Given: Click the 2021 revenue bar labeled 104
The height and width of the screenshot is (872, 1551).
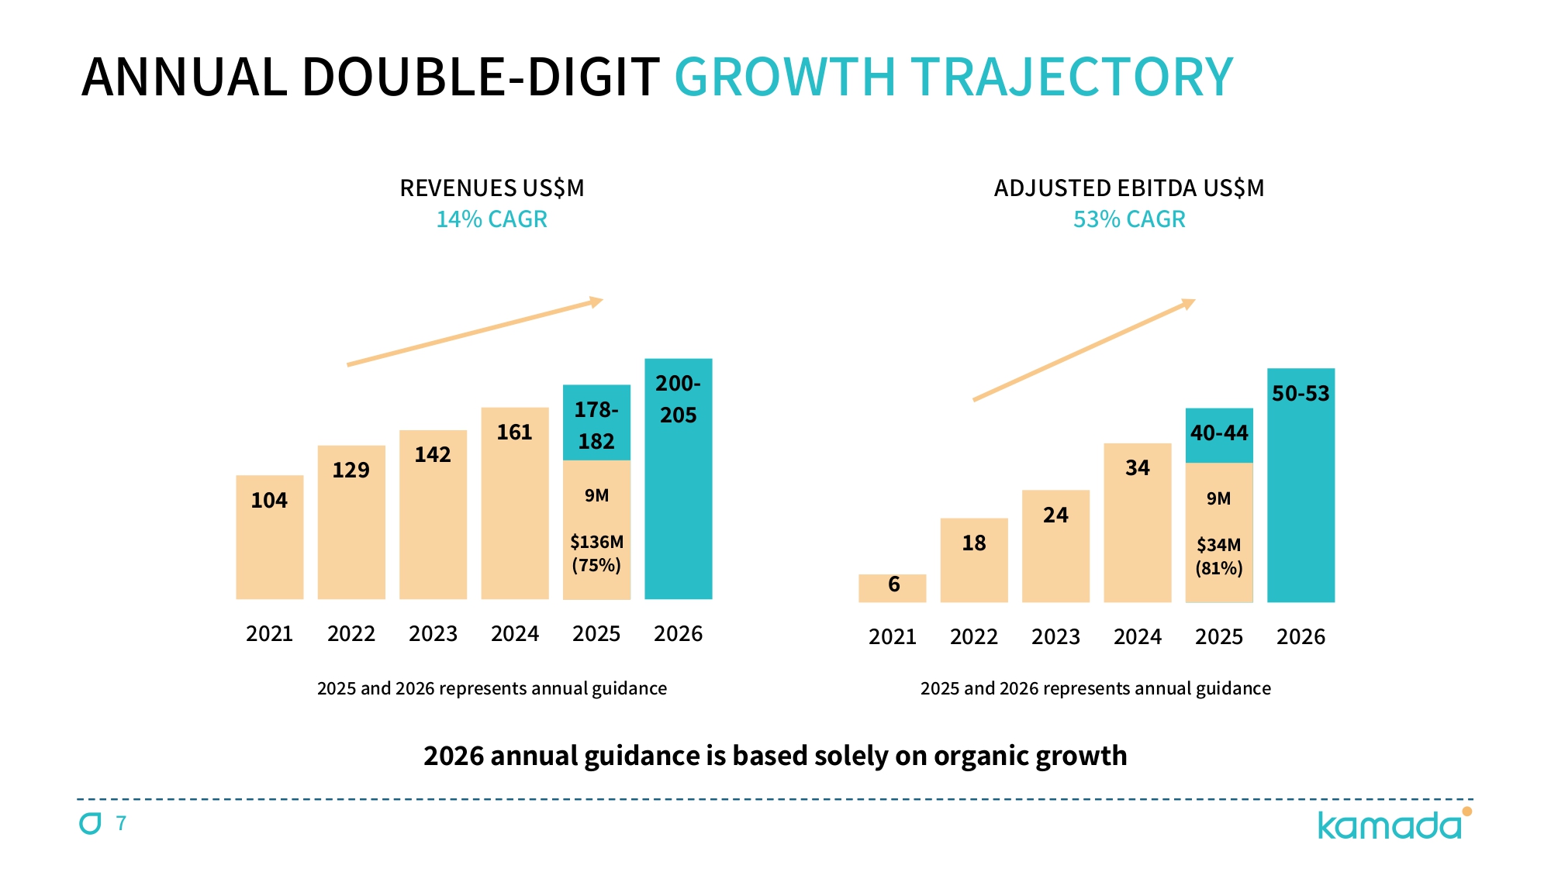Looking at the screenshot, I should tap(269, 543).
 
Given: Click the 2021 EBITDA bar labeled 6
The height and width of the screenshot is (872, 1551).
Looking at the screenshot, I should tap(893, 588).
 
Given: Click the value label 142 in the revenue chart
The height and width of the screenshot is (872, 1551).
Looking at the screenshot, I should tap(433, 455).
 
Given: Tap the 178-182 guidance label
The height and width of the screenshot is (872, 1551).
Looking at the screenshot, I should tap(596, 426).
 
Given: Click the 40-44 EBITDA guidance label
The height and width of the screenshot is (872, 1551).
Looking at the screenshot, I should tap(1219, 433).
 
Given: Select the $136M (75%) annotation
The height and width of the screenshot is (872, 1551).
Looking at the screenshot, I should tap(596, 553).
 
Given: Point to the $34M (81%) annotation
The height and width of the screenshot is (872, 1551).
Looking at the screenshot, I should tap(1219, 557).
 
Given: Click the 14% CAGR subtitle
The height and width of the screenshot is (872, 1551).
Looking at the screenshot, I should tap(492, 219).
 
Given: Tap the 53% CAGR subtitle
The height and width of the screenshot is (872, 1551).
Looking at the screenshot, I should tap(1129, 219).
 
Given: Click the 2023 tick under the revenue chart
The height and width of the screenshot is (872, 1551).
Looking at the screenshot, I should tap(433, 634).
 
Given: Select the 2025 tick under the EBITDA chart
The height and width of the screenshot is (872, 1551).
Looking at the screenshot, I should tap(1219, 637).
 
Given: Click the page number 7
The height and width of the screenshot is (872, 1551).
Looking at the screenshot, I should tap(121, 823).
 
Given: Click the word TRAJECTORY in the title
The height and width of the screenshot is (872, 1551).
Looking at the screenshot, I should tap(1072, 78).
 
